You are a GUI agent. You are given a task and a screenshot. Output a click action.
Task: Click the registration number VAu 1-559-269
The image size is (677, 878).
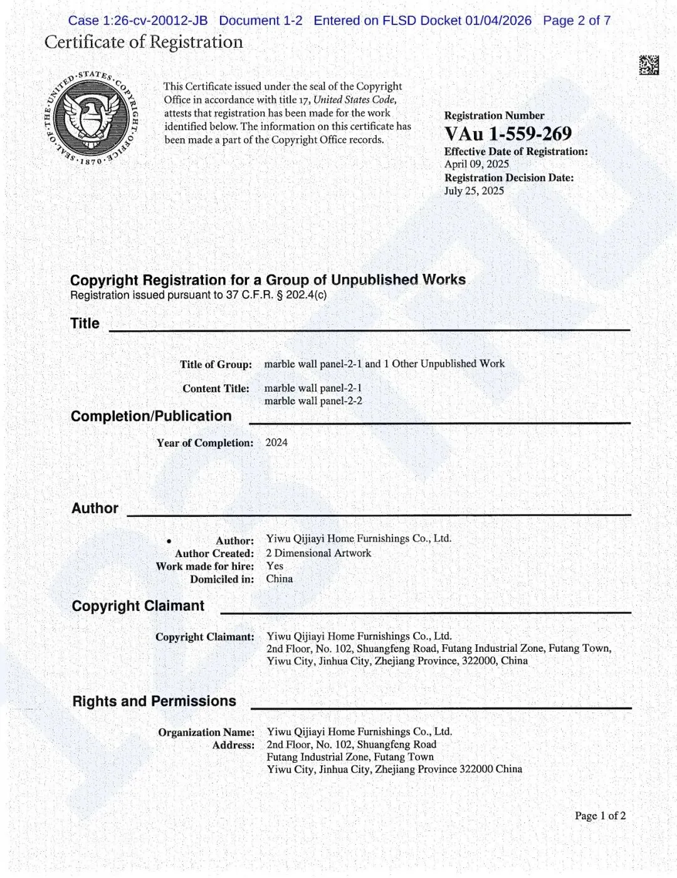click(508, 133)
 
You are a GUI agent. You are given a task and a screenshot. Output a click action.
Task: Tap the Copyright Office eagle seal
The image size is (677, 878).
click(92, 117)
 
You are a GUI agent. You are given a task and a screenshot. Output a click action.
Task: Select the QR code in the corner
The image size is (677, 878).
click(649, 65)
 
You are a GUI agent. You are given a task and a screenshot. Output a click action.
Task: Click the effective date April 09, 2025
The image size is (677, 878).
click(476, 164)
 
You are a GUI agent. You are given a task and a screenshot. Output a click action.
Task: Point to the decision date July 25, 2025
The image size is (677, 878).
click(474, 191)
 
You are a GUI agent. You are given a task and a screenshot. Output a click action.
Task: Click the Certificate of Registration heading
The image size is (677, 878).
click(144, 42)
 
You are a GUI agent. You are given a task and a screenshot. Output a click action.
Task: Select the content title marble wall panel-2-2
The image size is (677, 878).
click(313, 401)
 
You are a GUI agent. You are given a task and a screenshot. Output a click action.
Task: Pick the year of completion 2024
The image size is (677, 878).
click(276, 442)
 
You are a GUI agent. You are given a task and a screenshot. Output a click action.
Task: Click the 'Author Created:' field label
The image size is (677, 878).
click(214, 553)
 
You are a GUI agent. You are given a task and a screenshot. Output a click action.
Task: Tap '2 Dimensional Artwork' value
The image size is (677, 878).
click(318, 553)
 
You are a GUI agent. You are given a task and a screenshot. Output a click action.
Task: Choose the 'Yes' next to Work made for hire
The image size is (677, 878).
click(275, 566)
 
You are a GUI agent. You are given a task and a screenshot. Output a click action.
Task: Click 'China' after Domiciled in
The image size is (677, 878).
click(279, 579)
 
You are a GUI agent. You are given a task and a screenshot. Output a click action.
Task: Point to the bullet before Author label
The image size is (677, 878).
click(169, 541)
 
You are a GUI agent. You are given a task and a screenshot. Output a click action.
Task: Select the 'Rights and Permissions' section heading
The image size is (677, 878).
click(154, 701)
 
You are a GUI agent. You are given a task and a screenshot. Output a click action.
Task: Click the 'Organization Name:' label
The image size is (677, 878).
click(206, 732)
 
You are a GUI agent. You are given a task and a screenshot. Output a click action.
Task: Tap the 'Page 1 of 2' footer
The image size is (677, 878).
click(600, 816)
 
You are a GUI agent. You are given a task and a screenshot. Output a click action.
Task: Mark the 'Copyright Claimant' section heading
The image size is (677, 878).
click(138, 606)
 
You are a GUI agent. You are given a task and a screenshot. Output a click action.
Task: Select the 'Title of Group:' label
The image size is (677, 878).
click(216, 365)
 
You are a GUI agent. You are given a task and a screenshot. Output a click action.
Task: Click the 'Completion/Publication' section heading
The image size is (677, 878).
click(151, 416)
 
